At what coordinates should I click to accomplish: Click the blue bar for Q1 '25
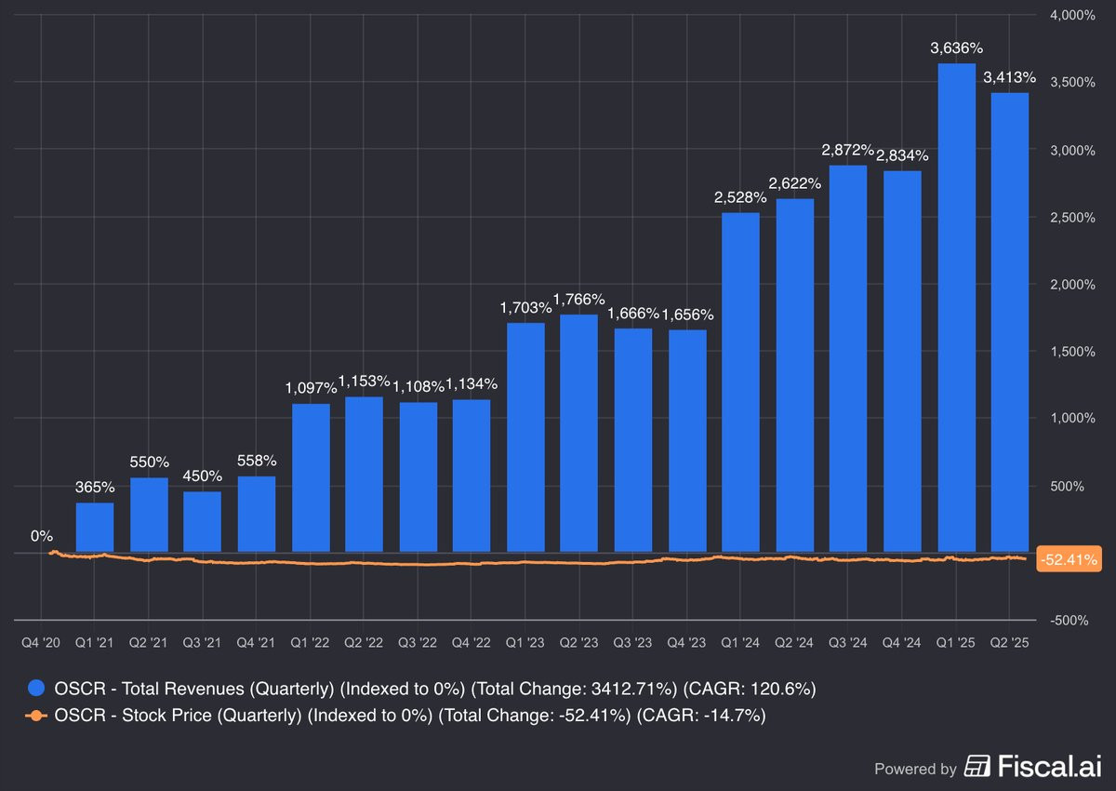(x=957, y=307)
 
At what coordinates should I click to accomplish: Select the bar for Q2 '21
(x=149, y=515)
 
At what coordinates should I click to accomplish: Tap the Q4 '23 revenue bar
(x=687, y=440)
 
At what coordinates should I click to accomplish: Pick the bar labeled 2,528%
(x=741, y=382)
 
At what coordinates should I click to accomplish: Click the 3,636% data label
(x=957, y=47)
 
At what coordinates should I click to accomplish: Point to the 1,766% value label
(x=578, y=299)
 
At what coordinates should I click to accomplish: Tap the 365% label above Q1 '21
(x=95, y=487)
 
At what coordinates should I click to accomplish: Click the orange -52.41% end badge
(x=1069, y=559)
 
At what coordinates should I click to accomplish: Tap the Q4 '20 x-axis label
(x=41, y=642)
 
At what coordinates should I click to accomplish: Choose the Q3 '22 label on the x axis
(x=418, y=642)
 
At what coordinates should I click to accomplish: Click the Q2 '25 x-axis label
(x=1010, y=642)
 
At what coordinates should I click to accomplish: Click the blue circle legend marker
(x=36, y=689)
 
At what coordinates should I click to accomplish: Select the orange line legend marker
(x=36, y=716)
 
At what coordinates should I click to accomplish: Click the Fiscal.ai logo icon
(x=977, y=766)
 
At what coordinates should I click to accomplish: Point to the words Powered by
(x=915, y=769)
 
